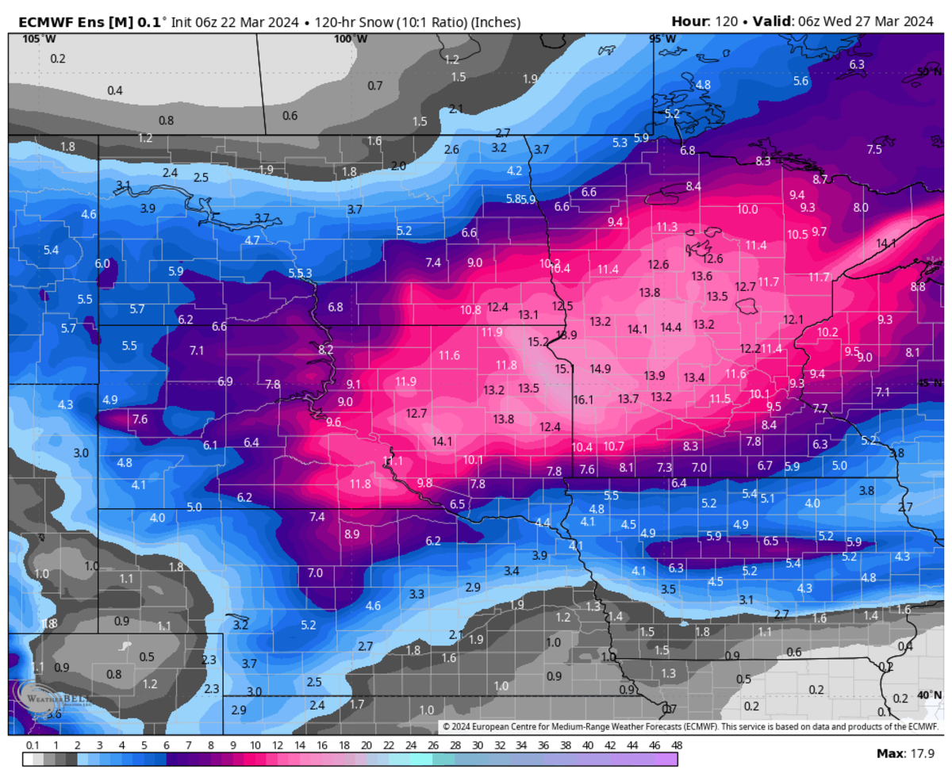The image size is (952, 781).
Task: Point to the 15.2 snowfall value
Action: pos(539,342)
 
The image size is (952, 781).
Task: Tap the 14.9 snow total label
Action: pos(600,369)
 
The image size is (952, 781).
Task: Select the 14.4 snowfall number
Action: pos(671,327)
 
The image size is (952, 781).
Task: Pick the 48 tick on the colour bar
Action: pos(676,745)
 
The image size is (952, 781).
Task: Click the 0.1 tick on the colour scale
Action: pos(33,745)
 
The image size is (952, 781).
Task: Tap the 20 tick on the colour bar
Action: pos(366,745)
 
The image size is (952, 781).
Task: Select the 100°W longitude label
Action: pos(350,38)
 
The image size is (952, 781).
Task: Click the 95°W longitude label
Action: pos(662,38)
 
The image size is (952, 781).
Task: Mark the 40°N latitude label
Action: pos(929,695)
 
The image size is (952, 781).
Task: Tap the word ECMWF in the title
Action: pos(38,21)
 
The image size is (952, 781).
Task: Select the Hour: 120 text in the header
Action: pos(700,21)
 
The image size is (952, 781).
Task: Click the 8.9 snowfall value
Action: pos(351,534)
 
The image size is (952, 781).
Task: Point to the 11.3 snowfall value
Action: pos(666,227)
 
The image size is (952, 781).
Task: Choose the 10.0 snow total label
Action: pos(747,209)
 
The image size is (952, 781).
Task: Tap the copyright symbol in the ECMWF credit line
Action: pos(447,726)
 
